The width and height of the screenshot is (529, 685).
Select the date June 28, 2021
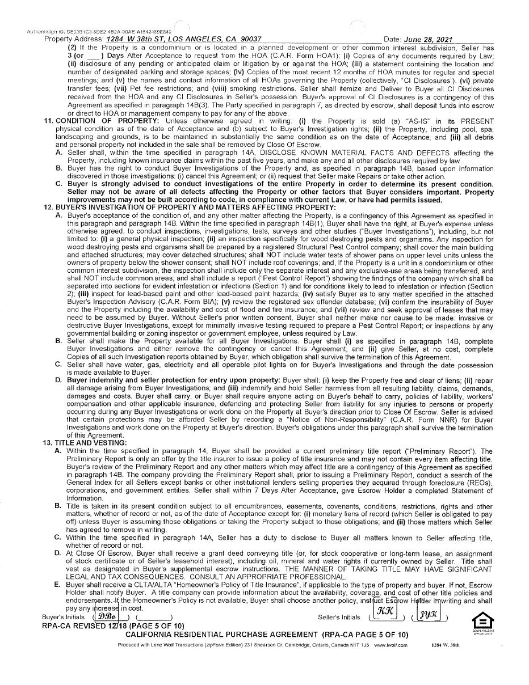pos(427,39)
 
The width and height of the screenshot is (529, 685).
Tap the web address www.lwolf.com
pos(391,645)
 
